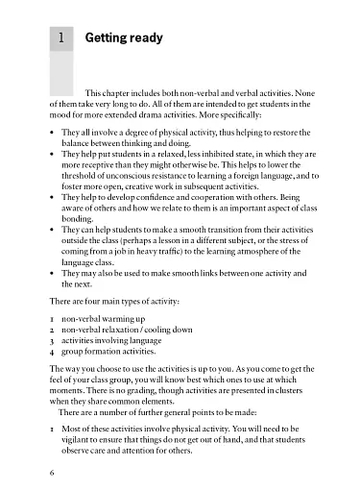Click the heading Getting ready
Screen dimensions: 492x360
[x=123, y=38]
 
